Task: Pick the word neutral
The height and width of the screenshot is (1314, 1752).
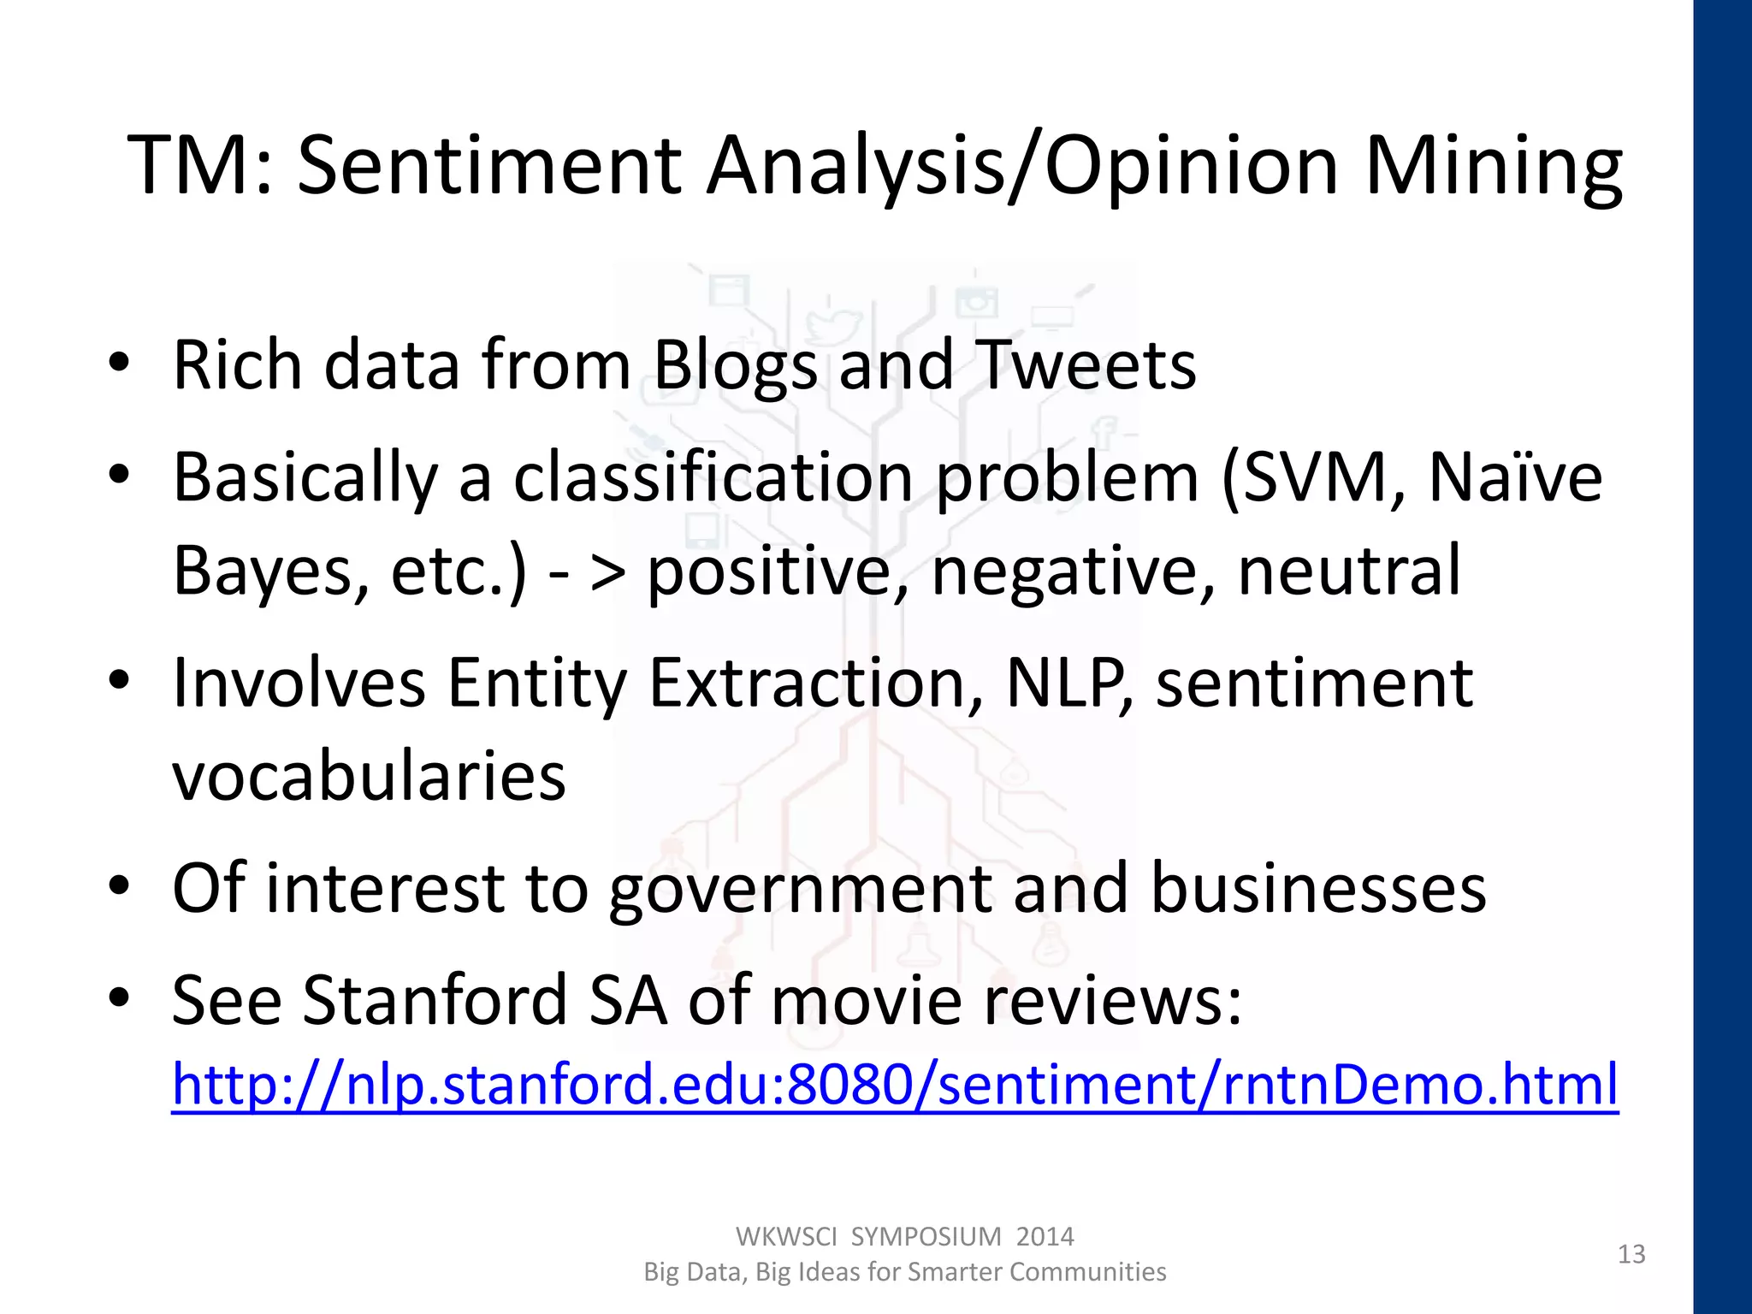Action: tap(1349, 571)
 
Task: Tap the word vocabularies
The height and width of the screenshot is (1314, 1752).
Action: tap(369, 777)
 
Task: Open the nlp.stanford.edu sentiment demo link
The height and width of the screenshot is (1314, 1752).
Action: tap(895, 1085)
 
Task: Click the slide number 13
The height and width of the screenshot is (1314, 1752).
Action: tap(1631, 1254)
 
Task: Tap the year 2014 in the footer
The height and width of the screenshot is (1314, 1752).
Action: tap(1045, 1237)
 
